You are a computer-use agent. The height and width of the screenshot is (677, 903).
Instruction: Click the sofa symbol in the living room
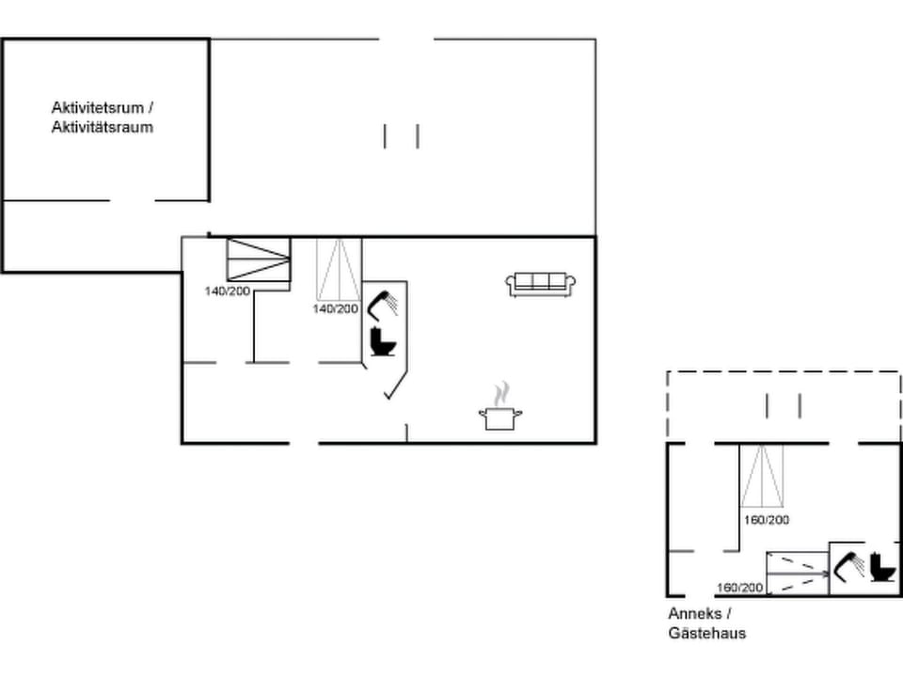tap(541, 284)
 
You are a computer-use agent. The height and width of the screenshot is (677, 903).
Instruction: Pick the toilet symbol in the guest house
tap(883, 567)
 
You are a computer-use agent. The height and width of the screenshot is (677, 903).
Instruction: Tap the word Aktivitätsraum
tap(102, 127)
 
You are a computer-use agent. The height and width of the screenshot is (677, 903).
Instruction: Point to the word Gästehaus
tap(707, 634)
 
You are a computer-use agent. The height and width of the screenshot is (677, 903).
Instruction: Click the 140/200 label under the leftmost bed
tap(228, 291)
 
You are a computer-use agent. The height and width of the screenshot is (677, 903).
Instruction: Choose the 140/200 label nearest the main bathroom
tap(336, 308)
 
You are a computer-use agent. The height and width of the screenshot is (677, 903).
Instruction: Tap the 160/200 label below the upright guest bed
tap(767, 520)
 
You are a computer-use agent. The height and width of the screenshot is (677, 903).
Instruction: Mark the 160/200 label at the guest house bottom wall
tap(740, 589)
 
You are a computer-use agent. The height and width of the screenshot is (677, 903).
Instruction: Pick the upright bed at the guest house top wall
tap(761, 476)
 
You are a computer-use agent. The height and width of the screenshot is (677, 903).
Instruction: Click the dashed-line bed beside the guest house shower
tap(796, 573)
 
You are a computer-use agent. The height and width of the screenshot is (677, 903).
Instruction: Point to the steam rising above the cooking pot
tap(502, 392)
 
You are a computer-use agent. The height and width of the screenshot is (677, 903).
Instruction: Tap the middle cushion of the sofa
tap(541, 281)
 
